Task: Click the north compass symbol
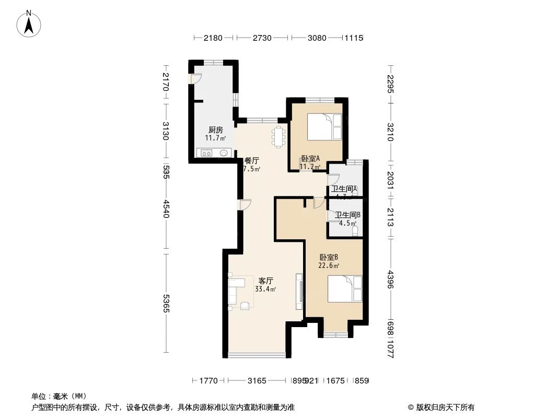coord(30,24)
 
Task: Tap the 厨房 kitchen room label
coord(215,130)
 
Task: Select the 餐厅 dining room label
coord(252,161)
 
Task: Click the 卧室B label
coord(329,257)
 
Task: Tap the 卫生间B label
coord(347,215)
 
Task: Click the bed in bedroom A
coord(324,127)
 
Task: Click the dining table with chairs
coord(278,137)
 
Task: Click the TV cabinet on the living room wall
coord(299,289)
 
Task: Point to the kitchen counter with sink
coord(214,153)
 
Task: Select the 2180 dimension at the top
coord(213,38)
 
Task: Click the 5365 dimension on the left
coord(166,304)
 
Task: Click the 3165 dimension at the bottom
coord(258,381)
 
